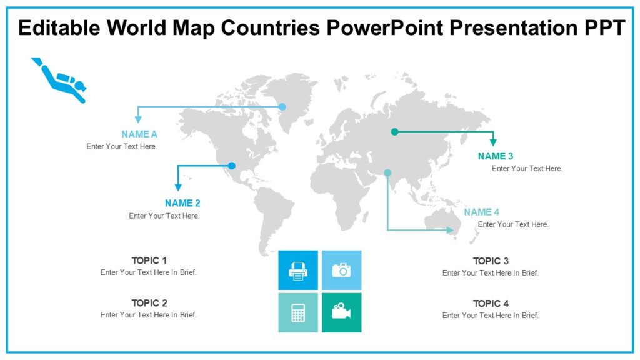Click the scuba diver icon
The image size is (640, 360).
(x=60, y=79)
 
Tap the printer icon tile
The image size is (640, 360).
(x=298, y=270)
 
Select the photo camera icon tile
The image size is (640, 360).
(x=341, y=270)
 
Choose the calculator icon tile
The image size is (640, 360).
(x=298, y=312)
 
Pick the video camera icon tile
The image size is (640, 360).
(x=341, y=312)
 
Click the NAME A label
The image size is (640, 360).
(x=139, y=134)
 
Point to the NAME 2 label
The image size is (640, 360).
(x=182, y=203)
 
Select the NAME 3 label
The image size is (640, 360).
(x=496, y=156)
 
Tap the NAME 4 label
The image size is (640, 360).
(x=481, y=212)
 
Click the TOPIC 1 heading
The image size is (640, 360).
(x=149, y=261)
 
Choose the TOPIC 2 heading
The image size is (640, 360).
(x=149, y=303)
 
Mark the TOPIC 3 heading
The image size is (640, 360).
(x=491, y=261)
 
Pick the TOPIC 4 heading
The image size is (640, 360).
(x=491, y=304)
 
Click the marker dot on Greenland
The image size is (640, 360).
(x=282, y=107)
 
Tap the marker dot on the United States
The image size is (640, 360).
(x=232, y=166)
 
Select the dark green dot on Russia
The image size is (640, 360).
(x=394, y=132)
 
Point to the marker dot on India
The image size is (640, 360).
(x=387, y=172)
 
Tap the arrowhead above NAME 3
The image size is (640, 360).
(x=493, y=142)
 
